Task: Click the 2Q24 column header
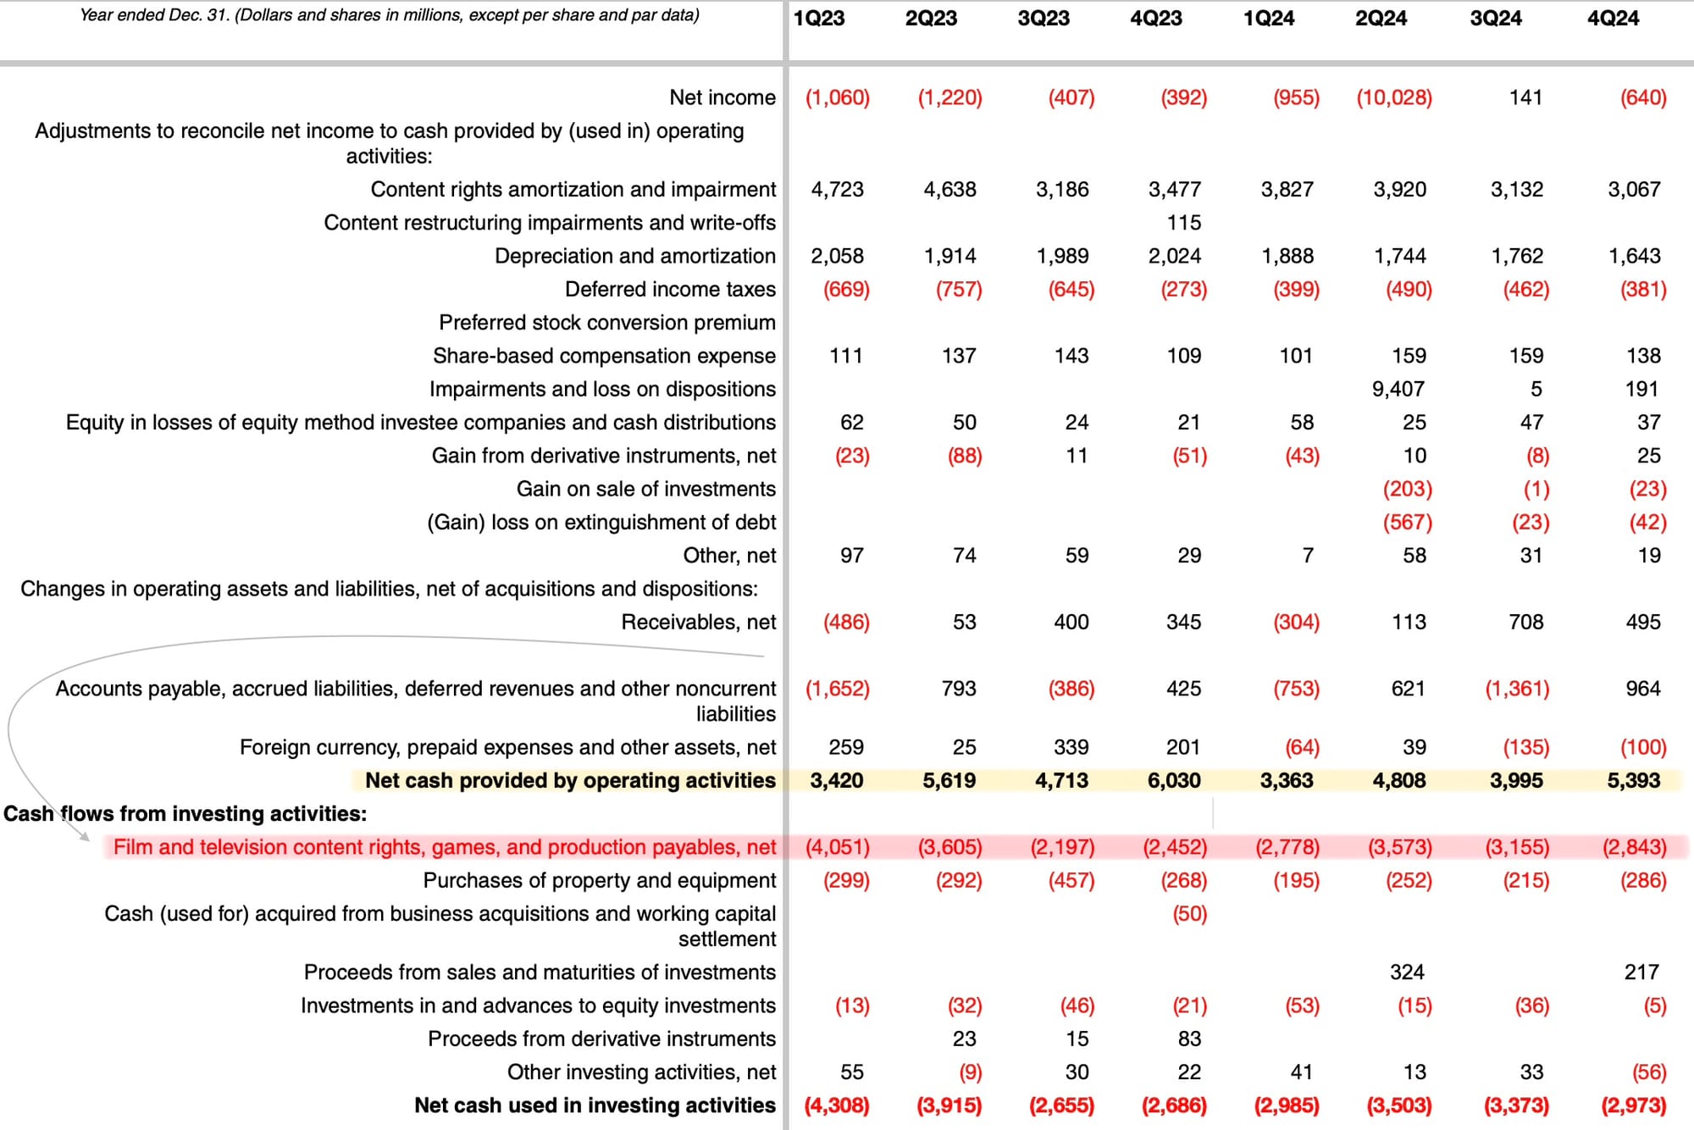coord(1381,19)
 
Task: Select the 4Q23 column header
coord(1156,19)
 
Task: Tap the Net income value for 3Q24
coord(1525,97)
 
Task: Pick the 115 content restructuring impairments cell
coord(1183,223)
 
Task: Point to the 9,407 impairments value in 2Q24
coord(1398,389)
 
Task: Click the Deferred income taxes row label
coord(670,290)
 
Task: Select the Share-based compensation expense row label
coord(604,356)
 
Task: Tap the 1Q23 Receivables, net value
coord(846,623)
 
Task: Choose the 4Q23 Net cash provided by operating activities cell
coord(1174,781)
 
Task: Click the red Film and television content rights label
coord(445,847)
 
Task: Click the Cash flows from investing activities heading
coord(185,814)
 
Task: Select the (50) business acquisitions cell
coord(1189,914)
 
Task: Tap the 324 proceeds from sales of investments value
coord(1407,972)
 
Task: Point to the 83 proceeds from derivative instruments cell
coord(1189,1039)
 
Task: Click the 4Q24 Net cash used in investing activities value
coord(1633,1105)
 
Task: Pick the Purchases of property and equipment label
coord(599,881)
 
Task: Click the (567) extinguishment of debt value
coord(1407,523)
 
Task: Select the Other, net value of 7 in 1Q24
coord(1307,556)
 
